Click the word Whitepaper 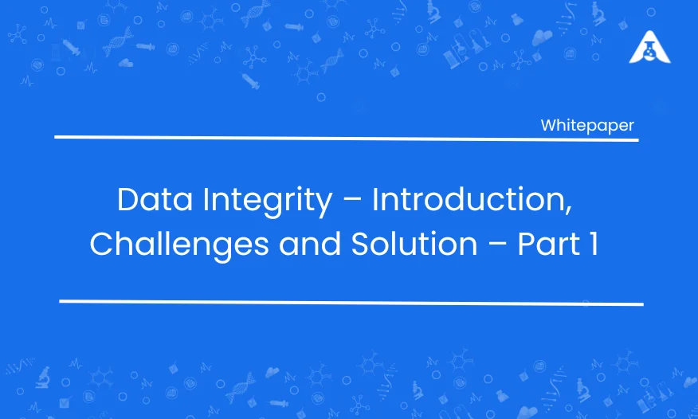tap(587, 126)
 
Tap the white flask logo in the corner tap(650, 47)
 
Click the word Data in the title tap(155, 200)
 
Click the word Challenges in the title tap(179, 245)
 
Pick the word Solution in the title tap(414, 244)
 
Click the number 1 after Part tap(594, 244)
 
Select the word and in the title tap(310, 244)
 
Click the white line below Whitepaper tap(347, 139)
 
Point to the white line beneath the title tap(351, 303)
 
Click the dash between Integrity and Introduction tap(352, 202)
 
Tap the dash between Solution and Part tap(498, 245)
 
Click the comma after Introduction tap(568, 212)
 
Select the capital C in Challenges tap(101, 244)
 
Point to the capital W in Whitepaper tap(550, 125)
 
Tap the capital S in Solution tap(362, 244)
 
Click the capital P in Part tap(527, 244)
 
